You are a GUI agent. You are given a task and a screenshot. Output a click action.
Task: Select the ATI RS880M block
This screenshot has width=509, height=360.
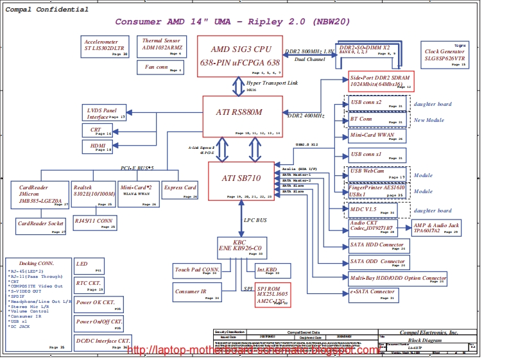243,116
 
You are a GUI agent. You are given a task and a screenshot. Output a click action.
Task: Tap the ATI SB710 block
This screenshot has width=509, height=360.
241,180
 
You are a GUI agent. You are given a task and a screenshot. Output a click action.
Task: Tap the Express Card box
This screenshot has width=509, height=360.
180,191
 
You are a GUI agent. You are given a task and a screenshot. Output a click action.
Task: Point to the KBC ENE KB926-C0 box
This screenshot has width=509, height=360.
241,247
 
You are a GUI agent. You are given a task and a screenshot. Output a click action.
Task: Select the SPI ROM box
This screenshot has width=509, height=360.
273,295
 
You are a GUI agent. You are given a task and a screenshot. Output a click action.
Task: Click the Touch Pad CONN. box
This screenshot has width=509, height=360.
197,271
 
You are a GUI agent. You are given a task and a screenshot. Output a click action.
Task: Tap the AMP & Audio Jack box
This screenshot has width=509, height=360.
436,227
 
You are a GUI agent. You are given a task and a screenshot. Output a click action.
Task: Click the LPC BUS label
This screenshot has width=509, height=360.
255,219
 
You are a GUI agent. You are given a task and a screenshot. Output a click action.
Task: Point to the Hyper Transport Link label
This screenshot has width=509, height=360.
272,83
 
